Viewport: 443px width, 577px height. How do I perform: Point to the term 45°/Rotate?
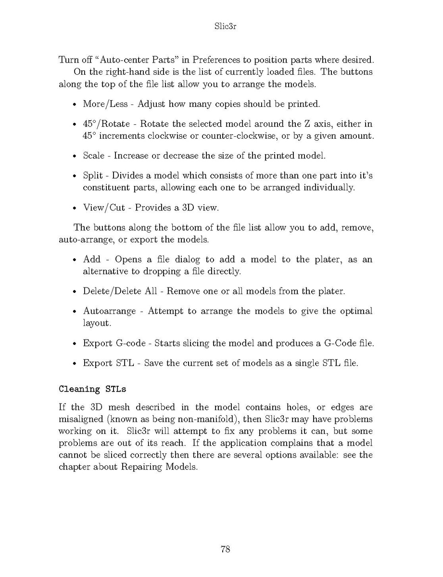click(x=103, y=124)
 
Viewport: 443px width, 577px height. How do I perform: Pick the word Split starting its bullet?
click(x=92, y=176)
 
